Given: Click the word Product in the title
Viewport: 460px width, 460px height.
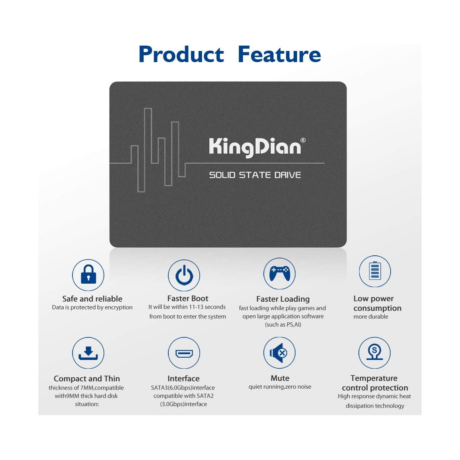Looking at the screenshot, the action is tap(181, 54).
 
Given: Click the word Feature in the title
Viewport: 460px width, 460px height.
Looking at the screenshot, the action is tap(279, 54).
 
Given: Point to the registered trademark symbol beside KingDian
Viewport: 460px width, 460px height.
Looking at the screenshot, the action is tap(303, 140).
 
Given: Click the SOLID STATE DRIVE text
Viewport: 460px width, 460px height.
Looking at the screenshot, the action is tap(255, 175).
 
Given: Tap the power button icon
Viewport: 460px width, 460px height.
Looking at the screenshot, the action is tap(184, 275).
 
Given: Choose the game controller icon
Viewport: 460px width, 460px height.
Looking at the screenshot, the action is tap(279, 273).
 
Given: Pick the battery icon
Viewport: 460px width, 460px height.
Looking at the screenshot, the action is tap(375, 271).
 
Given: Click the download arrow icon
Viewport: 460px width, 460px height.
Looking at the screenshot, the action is tap(88, 353).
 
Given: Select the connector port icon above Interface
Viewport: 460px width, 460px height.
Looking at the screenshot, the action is tap(184, 353).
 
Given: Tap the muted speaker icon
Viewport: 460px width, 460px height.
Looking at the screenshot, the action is tap(279, 353).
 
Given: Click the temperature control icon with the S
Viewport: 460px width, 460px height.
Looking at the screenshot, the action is tap(374, 352).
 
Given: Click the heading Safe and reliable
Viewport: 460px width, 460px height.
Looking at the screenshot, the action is tap(92, 299).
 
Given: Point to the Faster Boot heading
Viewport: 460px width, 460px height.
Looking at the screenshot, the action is tap(187, 298).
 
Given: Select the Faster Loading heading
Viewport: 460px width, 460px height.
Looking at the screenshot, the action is tap(283, 299).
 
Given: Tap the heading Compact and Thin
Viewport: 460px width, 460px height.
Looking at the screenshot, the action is tap(87, 379).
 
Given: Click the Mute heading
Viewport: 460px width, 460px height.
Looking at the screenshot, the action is tap(280, 378).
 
